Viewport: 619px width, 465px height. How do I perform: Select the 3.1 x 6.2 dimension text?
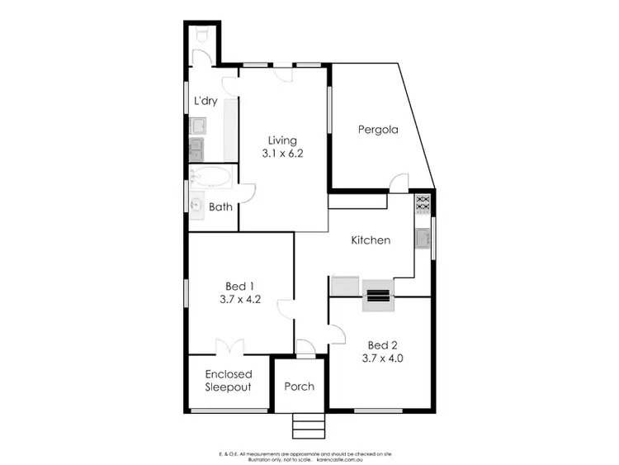pos(278,153)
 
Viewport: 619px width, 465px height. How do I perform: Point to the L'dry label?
pos(206,101)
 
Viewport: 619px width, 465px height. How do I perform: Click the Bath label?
pos(220,207)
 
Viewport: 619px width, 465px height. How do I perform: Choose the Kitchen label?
pos(371,240)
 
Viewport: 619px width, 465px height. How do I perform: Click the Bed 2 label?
pos(382,344)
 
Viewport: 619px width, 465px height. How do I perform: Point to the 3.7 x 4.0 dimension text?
pos(382,358)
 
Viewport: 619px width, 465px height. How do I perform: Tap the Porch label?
pos(299,387)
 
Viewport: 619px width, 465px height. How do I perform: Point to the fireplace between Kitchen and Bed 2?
pos(378,295)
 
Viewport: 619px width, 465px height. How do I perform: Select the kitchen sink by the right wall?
pos(423,238)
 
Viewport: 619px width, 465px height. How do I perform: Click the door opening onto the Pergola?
pos(399,183)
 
